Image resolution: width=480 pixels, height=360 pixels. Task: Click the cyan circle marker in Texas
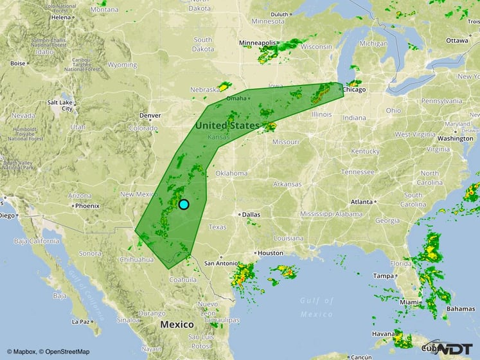coord(183,204)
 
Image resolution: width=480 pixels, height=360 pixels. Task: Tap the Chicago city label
coord(354,89)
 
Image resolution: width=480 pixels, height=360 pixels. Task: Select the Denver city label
coord(150,116)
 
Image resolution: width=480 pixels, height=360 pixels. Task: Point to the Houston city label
coord(270,253)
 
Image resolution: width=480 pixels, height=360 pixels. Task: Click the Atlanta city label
coord(363,201)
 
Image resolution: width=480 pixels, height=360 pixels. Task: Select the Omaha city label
coord(236,98)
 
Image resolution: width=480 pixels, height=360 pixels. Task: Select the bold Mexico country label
coord(177,325)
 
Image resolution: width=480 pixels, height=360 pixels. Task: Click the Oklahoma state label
coord(231,174)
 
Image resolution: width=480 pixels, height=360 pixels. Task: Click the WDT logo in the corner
coord(457,348)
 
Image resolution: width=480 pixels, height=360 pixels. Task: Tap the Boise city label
coord(17,63)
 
